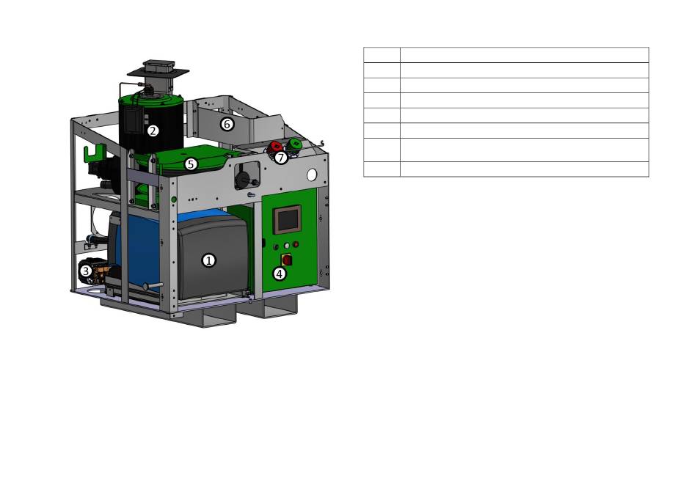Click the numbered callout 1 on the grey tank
click(x=209, y=260)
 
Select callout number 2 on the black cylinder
click(x=153, y=131)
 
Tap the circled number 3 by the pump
click(x=86, y=270)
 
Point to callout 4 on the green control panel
click(x=279, y=274)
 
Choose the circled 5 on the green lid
click(x=191, y=164)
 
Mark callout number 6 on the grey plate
click(x=227, y=124)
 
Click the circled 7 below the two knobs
click(x=280, y=158)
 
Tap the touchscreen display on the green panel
click(x=288, y=219)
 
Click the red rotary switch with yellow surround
click(x=286, y=259)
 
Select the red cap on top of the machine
click(x=274, y=147)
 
